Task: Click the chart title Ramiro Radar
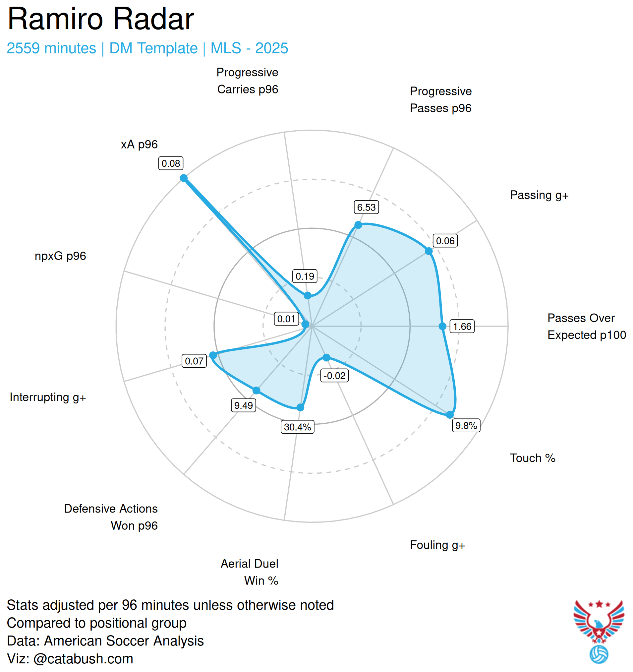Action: [x=100, y=19]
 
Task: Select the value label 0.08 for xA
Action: [x=171, y=163]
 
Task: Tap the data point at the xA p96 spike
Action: [x=184, y=178]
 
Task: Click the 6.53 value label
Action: [x=366, y=207]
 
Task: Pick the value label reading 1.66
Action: [x=462, y=327]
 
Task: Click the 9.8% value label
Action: [x=466, y=425]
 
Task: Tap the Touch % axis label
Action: [x=532, y=458]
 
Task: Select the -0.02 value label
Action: [x=334, y=376]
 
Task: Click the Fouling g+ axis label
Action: [x=437, y=545]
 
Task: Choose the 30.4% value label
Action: [x=297, y=427]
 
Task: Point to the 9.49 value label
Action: [x=243, y=405]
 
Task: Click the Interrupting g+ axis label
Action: [x=48, y=397]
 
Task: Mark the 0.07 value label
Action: [x=194, y=361]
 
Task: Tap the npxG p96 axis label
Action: [x=60, y=256]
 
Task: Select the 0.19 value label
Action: [x=305, y=276]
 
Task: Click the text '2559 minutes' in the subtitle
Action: [x=51, y=48]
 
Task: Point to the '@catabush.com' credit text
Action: [x=83, y=659]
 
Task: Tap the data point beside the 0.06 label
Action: [x=429, y=251]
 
